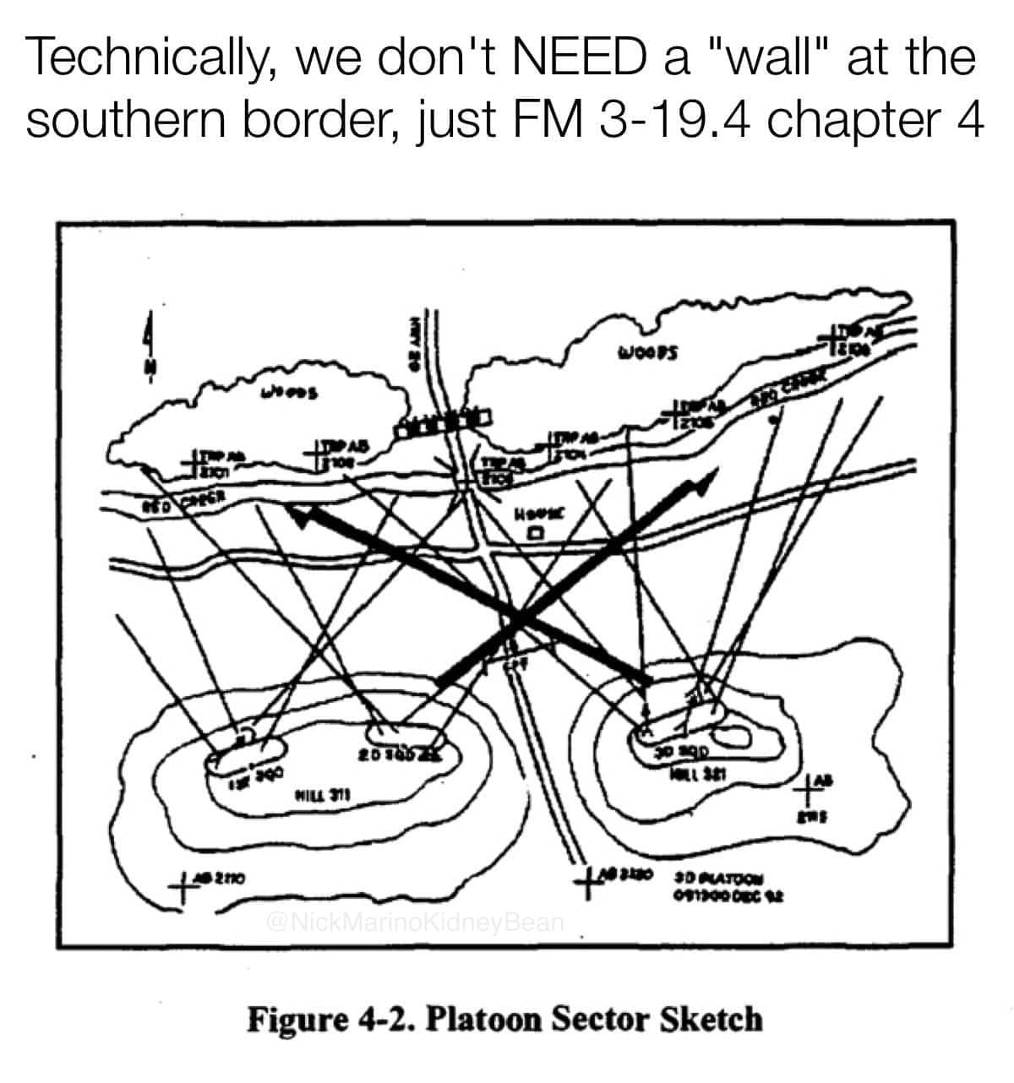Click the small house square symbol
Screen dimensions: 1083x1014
point(533,534)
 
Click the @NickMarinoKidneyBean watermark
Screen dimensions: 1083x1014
point(414,920)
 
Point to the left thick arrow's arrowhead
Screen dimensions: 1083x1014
point(297,514)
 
